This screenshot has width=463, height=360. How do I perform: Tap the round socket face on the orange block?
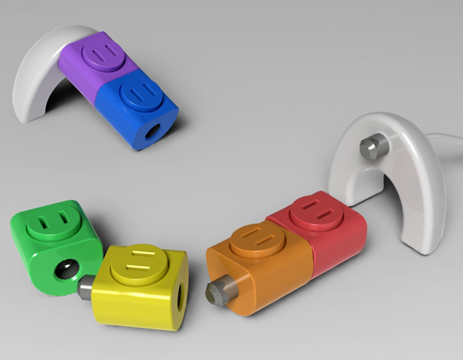point(253,240)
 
